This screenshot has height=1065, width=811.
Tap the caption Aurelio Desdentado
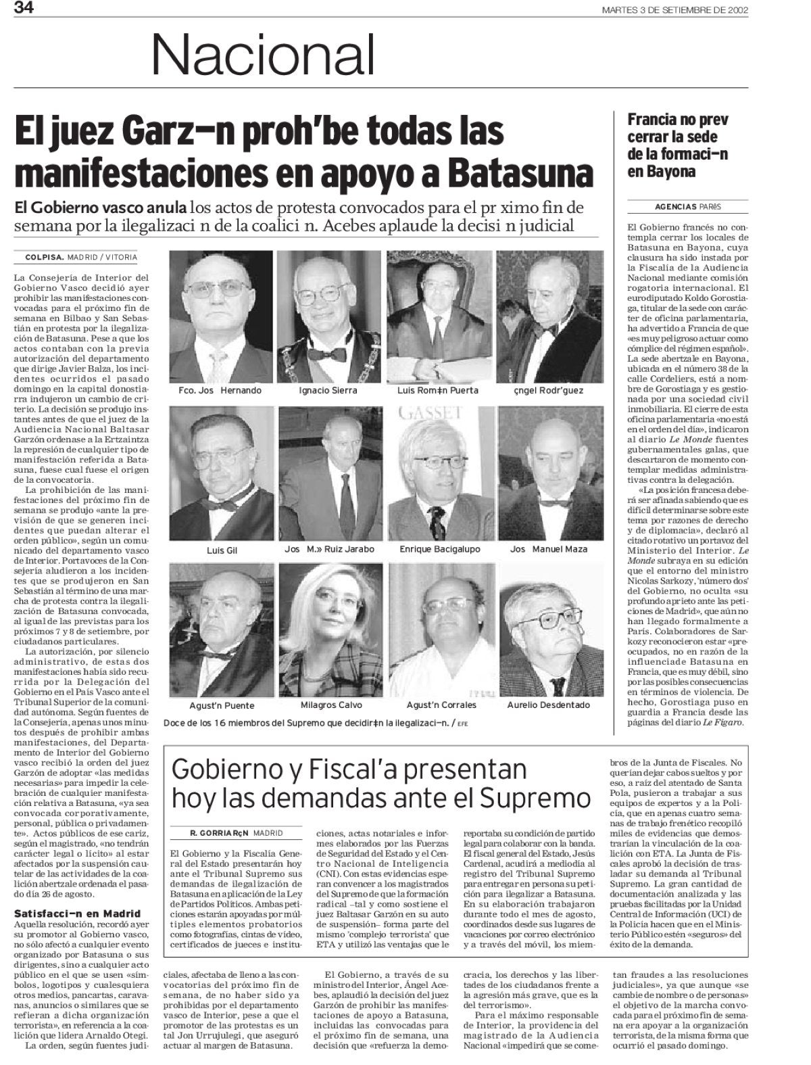pyautogui.click(x=548, y=705)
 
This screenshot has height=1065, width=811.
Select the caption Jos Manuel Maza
pyautogui.click(x=549, y=549)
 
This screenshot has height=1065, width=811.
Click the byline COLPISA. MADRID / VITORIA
pyautogui.click(x=80, y=258)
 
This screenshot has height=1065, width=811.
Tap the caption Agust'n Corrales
pyautogui.click(x=439, y=705)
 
